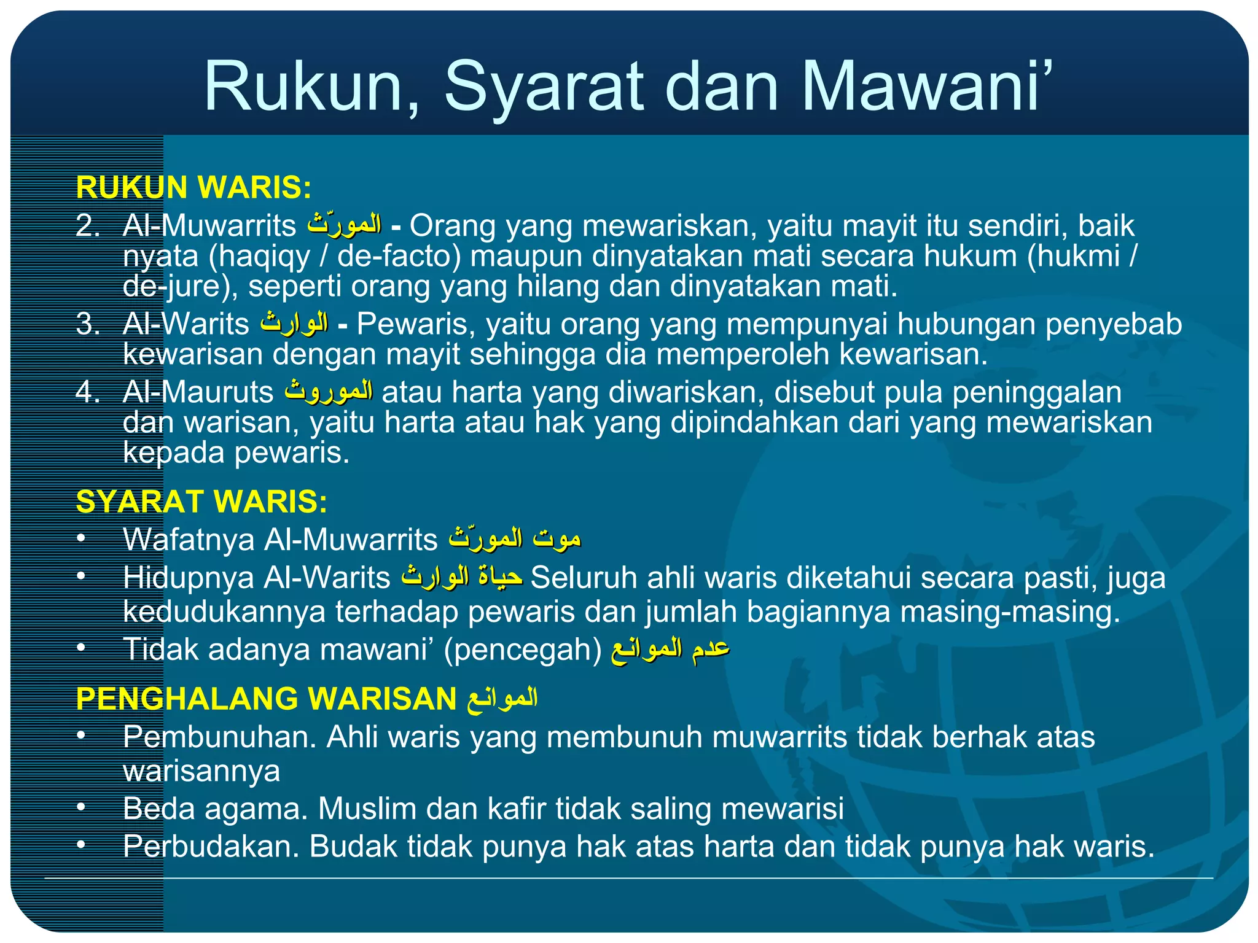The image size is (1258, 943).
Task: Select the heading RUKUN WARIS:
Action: click(x=193, y=187)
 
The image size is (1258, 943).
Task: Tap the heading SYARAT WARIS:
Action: click(x=201, y=502)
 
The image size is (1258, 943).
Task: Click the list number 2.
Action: click(x=87, y=226)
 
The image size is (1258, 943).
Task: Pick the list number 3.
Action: click(x=87, y=324)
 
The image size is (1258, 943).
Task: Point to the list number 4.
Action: click(x=87, y=392)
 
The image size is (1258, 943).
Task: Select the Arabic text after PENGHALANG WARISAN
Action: click(x=502, y=699)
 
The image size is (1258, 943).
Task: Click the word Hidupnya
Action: click(x=189, y=578)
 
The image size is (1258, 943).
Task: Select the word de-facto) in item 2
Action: click(x=399, y=256)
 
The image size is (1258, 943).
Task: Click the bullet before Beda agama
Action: click(x=81, y=807)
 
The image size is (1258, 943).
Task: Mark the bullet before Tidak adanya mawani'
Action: click(x=81, y=648)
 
